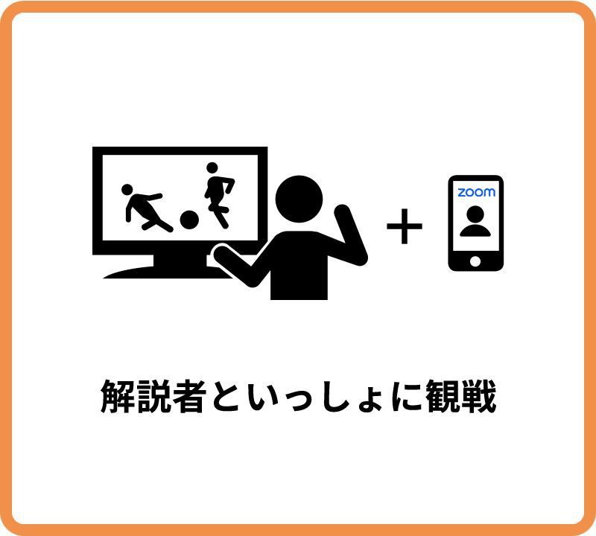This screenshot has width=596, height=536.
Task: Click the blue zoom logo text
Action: pos(476,192)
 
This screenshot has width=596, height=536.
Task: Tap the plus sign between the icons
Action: pos(405,226)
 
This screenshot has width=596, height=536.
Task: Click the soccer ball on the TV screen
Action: pos(189,220)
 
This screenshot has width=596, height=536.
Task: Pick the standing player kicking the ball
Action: pos(219,196)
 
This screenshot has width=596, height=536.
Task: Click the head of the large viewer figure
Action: pos(299,199)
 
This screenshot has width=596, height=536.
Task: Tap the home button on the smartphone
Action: pos(475,261)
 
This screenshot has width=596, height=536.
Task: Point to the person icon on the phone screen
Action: pos(475,221)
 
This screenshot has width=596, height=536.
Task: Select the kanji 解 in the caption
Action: pos(118,396)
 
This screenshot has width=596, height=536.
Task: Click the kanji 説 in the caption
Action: pos(153,396)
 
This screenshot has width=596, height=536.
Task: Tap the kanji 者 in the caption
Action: pos(189,396)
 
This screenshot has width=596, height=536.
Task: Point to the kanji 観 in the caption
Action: pos(443,396)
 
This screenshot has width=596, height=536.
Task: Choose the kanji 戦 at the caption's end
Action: pos(478,396)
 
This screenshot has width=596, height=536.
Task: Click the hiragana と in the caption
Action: pos(225,396)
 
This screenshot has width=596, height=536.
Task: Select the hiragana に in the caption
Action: pos(407,396)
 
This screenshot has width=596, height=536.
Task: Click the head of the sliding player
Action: pos(127,190)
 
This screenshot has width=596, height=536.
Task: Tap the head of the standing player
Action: pos(212,167)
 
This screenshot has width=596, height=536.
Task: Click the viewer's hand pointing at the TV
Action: pos(221,255)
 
